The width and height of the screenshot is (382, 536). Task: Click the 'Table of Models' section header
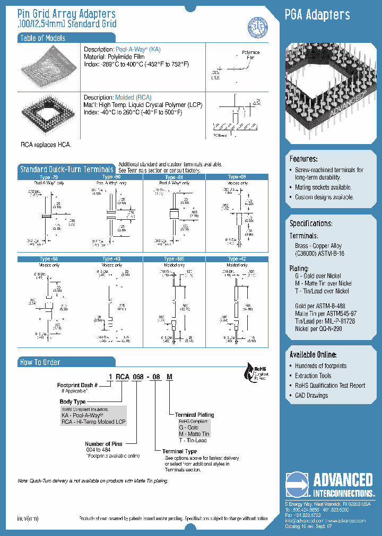42,38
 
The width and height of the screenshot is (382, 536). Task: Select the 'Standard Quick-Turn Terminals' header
66,169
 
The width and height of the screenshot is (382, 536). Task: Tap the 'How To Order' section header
40,362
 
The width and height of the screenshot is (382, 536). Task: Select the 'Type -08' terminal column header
237,177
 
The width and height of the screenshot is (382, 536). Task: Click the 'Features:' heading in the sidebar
303,159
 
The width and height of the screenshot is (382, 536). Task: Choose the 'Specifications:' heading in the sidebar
311,224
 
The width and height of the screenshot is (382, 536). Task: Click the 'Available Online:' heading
313,354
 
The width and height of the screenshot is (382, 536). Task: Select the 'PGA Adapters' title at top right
317,15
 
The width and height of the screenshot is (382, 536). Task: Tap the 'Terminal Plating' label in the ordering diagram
194,415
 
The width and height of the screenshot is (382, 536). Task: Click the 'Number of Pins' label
103,444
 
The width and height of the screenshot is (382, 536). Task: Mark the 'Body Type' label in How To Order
73,402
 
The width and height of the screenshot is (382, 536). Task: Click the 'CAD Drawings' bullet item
311,395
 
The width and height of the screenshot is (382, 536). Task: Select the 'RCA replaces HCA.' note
46,145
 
